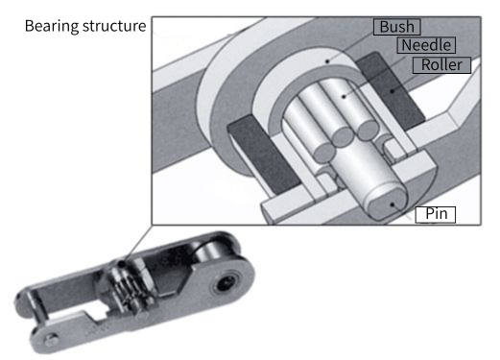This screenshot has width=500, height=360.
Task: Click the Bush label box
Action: [x=396, y=27]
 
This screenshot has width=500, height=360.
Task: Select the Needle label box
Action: [x=426, y=45]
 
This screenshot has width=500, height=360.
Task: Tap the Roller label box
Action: [x=441, y=65]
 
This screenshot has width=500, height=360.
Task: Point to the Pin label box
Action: [x=436, y=214]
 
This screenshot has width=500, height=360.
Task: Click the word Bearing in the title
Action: [x=52, y=26]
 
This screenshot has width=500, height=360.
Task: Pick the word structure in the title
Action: [x=114, y=26]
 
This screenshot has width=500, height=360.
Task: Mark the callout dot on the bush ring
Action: [x=327, y=61]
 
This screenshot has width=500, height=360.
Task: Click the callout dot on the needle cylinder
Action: [x=344, y=96]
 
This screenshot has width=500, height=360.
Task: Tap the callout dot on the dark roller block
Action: [x=393, y=91]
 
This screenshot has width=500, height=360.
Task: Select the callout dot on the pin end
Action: [x=393, y=204]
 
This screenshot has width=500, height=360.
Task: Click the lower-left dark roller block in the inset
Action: [x=262, y=154]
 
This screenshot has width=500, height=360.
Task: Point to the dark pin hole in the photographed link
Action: [x=226, y=283]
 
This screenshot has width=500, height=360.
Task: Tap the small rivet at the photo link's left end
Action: [x=51, y=340]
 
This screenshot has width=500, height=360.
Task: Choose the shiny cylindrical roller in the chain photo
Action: [x=212, y=253]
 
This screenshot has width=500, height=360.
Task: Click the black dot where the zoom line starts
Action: [x=121, y=264]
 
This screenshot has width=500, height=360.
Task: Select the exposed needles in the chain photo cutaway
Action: [x=127, y=290]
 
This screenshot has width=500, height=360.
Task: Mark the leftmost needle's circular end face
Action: [x=324, y=152]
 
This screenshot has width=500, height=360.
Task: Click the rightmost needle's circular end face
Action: [x=368, y=130]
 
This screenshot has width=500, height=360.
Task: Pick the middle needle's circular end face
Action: [x=342, y=136]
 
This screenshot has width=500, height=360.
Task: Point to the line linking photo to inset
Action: [x=136, y=245]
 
